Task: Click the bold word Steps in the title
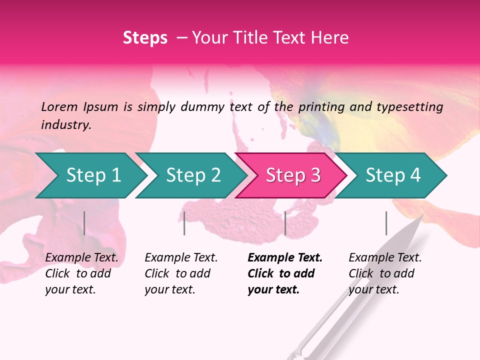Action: [x=145, y=38]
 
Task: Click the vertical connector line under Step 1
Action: [x=84, y=223]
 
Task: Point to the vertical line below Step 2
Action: [x=184, y=223]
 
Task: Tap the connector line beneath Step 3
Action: [x=285, y=223]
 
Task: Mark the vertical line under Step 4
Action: [x=386, y=223]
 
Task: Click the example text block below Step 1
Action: [x=81, y=273]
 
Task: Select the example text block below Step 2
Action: [x=181, y=273]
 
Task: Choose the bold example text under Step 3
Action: [x=285, y=273]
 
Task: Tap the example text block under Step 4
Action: [x=385, y=273]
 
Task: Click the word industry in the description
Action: [x=65, y=125]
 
